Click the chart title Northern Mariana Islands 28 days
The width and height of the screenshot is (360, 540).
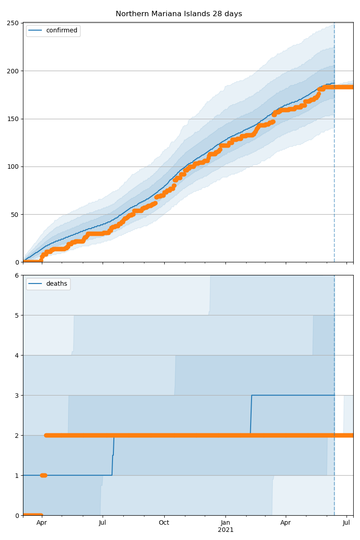pyautogui.click(x=179, y=14)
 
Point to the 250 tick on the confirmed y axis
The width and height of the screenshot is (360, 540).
pyautogui.click(x=13, y=23)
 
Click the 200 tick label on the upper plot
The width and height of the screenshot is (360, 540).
pyautogui.click(x=13, y=71)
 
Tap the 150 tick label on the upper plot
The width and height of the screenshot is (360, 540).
pyautogui.click(x=13, y=119)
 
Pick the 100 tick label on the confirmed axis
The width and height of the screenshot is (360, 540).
pyautogui.click(x=13, y=166)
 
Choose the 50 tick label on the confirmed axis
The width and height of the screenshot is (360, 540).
pyautogui.click(x=15, y=215)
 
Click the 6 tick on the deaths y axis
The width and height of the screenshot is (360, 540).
pyautogui.click(x=17, y=275)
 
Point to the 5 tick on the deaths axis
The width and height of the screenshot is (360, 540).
pyautogui.click(x=17, y=315)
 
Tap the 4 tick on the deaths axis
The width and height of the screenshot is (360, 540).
pyautogui.click(x=17, y=355)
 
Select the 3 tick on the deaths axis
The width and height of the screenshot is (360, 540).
pyautogui.click(x=17, y=396)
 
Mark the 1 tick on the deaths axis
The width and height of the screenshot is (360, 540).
pyautogui.click(x=17, y=476)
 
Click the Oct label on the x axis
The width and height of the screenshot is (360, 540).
pyautogui.click(x=164, y=523)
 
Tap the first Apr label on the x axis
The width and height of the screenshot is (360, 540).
pyautogui.click(x=42, y=523)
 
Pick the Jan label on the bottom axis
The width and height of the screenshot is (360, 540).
pyautogui.click(x=225, y=523)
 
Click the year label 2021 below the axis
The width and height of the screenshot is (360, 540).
pyautogui.click(x=225, y=530)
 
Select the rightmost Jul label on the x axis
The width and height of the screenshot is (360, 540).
pyautogui.click(x=346, y=523)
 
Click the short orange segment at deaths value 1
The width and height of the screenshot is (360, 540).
pyautogui.click(x=43, y=475)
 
